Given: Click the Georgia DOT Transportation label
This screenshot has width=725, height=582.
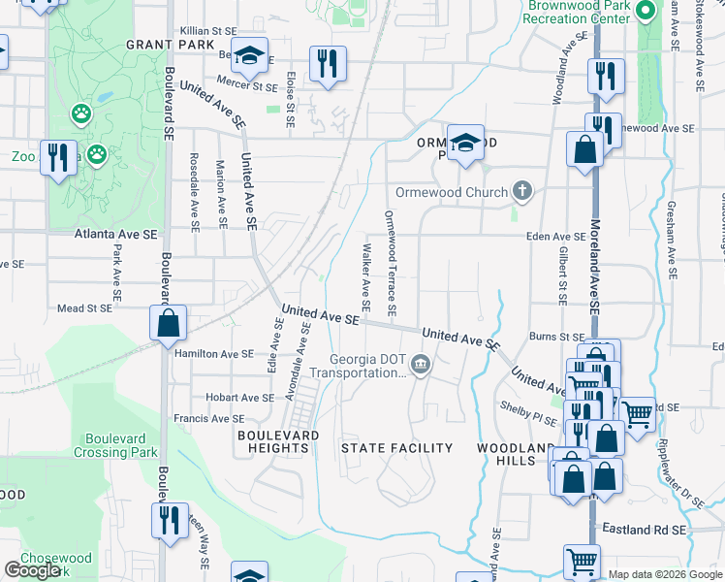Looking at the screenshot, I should click(367, 365).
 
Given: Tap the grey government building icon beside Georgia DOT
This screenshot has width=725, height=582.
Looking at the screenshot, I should click(420, 365).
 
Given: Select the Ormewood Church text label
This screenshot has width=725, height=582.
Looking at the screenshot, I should click(452, 192).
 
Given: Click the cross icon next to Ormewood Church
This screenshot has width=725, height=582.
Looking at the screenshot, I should click(522, 190).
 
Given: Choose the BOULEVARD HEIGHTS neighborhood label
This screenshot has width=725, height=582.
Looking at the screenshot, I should click(278, 441).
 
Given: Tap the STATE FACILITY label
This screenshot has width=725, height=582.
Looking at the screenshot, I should click(396, 448).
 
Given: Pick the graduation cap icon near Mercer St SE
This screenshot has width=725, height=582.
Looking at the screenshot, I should click(250, 55).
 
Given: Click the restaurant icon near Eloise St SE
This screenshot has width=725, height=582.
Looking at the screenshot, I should click(328, 64).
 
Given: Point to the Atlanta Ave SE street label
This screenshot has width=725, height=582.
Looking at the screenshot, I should click(115, 235).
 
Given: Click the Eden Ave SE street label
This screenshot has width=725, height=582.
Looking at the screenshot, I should click(555, 236).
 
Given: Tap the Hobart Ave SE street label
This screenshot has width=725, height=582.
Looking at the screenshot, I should click(239, 398).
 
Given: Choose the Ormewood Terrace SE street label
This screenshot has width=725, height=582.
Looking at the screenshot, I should click(391, 263).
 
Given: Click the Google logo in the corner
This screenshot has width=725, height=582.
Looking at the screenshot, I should click(33, 570).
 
